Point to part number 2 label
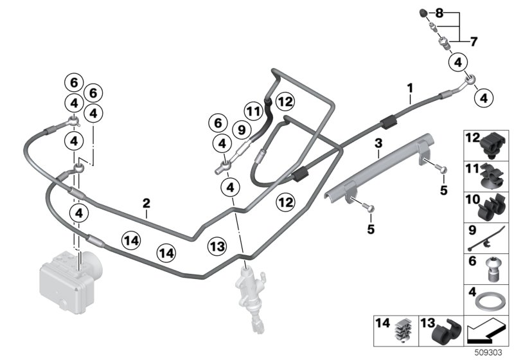point(146,204)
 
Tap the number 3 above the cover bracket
point(378,143)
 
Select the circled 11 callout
point(254,110)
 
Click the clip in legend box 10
point(492,207)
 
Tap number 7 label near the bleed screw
point(474,42)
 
